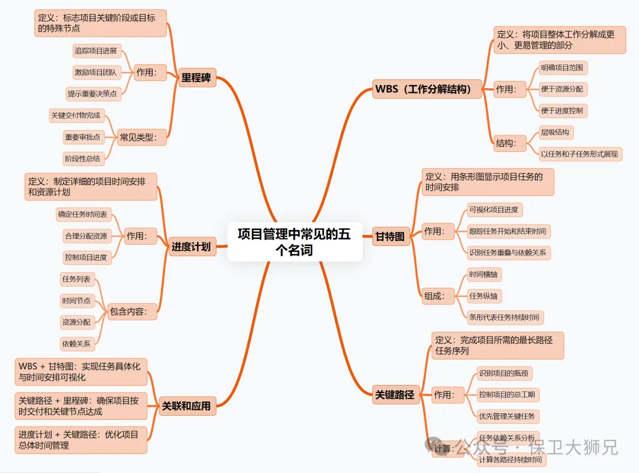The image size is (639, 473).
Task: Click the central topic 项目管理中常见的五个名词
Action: click(295, 242)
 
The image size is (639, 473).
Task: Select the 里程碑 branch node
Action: click(197, 77)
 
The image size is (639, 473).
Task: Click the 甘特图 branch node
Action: click(390, 237)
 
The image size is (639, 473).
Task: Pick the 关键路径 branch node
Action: click(395, 394)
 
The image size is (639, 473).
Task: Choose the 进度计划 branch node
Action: click(190, 247)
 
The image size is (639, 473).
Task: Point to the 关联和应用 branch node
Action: click(187, 406)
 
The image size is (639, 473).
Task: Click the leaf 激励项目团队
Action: click(95, 73)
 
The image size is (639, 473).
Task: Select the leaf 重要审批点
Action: click(82, 137)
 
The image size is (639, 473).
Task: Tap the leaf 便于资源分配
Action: click(562, 89)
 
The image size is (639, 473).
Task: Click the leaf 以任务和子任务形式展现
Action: click(579, 154)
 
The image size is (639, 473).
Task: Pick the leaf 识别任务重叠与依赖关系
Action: click(508, 252)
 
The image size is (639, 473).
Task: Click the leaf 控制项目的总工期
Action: click(508, 394)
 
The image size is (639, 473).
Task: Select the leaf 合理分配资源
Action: click(86, 236)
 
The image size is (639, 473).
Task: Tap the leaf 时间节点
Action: click(76, 300)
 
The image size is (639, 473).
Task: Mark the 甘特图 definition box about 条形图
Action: click(488, 182)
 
